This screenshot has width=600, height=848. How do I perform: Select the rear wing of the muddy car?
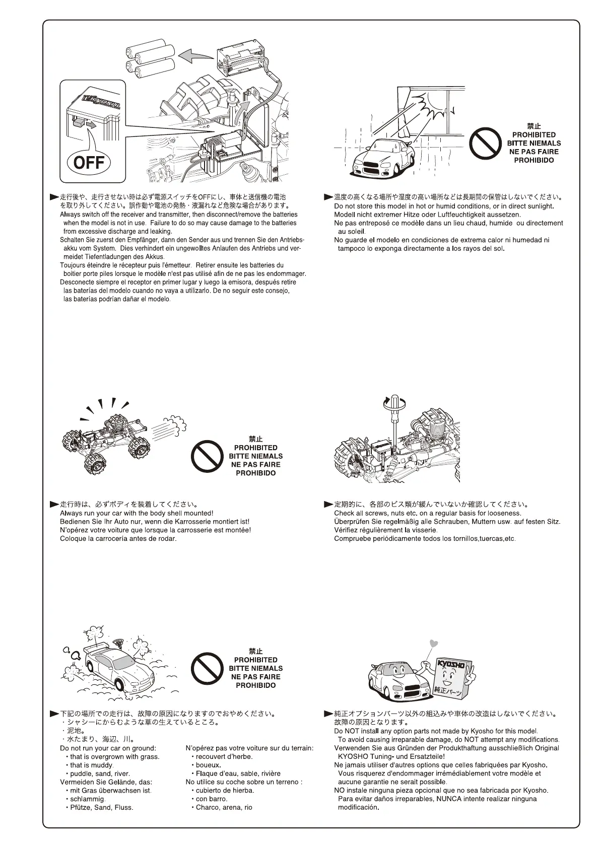pos(94,648)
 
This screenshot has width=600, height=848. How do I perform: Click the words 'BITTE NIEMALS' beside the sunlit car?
pos(534,144)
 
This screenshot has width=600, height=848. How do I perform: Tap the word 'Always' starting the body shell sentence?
pos(70,513)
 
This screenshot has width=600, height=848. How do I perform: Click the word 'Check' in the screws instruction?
pos(344,513)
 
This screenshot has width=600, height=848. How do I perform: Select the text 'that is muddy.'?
pos(85,765)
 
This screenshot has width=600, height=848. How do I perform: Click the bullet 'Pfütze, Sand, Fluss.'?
pos(101,807)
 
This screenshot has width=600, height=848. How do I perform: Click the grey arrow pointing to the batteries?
pos(194,55)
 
